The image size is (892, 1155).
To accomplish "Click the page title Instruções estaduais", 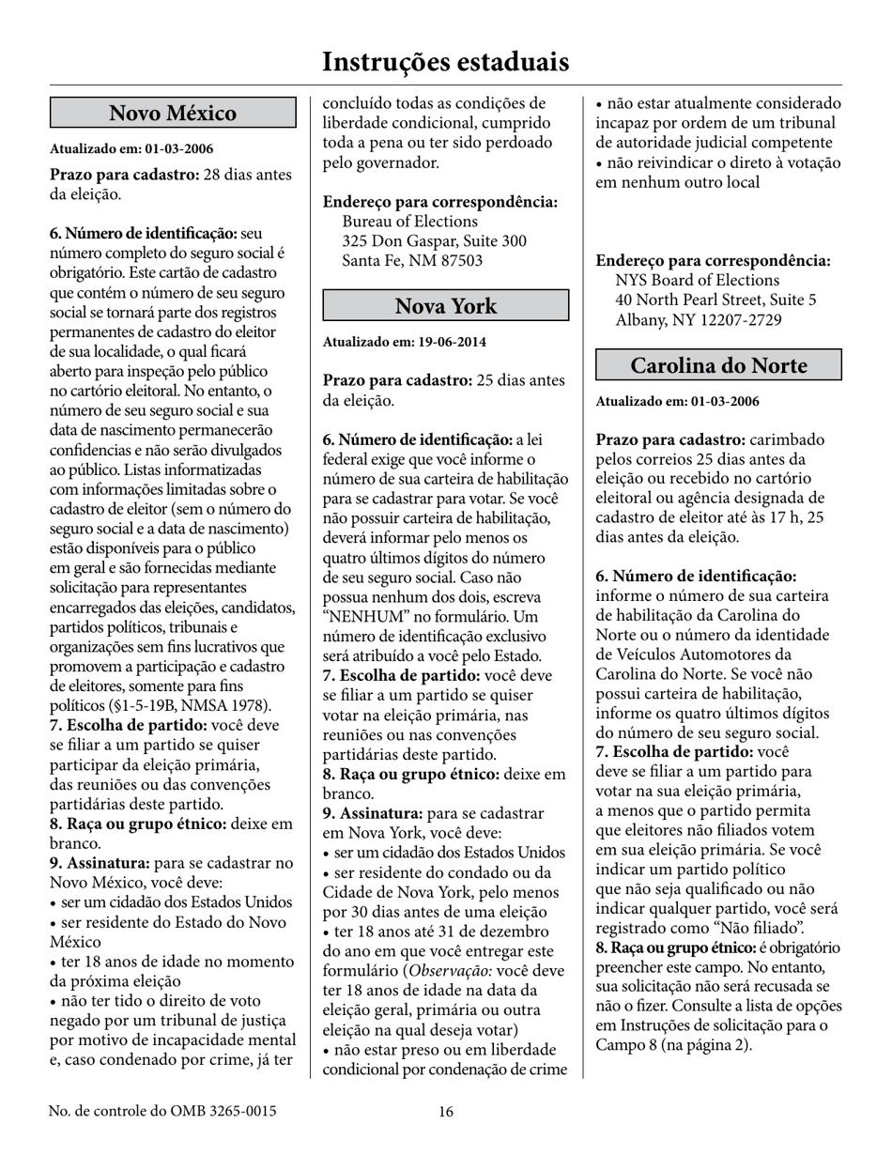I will click(x=445, y=62).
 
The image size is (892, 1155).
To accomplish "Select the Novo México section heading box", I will click(x=173, y=114).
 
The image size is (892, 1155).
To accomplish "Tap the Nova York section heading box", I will click(x=445, y=306).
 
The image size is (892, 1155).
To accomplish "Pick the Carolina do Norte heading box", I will click(x=718, y=365).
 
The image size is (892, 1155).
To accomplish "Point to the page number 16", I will click(x=445, y=1112).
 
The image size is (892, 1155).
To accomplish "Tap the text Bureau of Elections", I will click(x=409, y=222).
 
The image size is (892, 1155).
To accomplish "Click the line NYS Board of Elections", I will click(x=697, y=281).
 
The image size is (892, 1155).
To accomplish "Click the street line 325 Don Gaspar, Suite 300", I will click(x=434, y=241).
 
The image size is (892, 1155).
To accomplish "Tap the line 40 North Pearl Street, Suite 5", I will click(x=715, y=300).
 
